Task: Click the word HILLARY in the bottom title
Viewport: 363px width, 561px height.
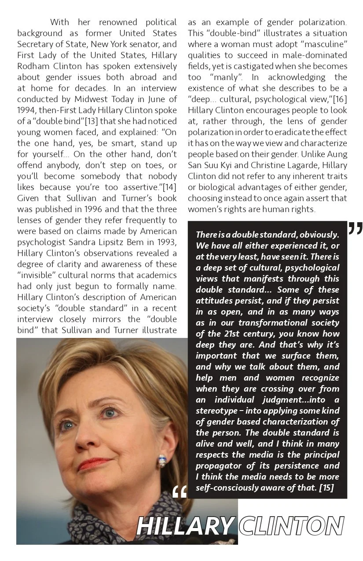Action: coord(185,526)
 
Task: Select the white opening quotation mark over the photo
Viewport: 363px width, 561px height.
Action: coord(180,492)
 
